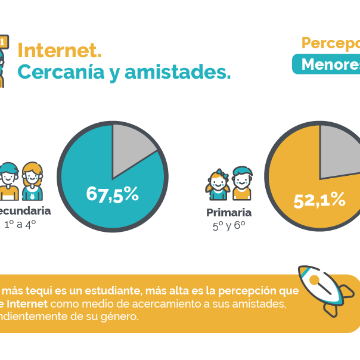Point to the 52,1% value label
[x=319, y=200]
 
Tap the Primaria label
[x=229, y=213]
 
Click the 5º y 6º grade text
[x=229, y=226]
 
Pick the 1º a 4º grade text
[x=20, y=224]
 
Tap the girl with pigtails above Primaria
[x=218, y=185]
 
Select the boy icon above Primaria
[x=241, y=183]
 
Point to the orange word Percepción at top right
[x=331, y=44]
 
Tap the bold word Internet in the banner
[x=27, y=304]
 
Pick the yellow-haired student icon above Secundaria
[x=33, y=181]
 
